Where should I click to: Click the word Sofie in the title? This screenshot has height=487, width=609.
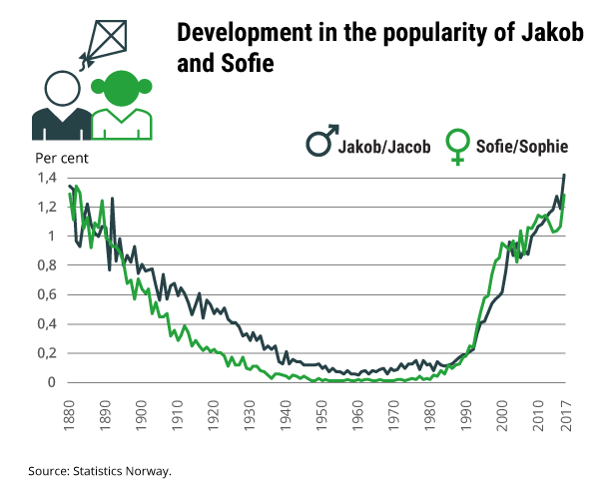(243, 62)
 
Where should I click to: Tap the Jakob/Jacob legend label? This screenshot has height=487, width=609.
(384, 147)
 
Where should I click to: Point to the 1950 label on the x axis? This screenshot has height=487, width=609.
(321, 410)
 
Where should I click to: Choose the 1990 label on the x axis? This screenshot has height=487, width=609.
(466, 410)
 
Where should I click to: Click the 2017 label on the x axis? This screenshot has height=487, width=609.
(565, 410)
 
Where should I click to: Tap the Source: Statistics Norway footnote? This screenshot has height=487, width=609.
(101, 469)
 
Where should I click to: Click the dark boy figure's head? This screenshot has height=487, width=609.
(60, 89)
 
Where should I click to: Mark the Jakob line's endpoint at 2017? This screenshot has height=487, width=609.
(565, 176)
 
